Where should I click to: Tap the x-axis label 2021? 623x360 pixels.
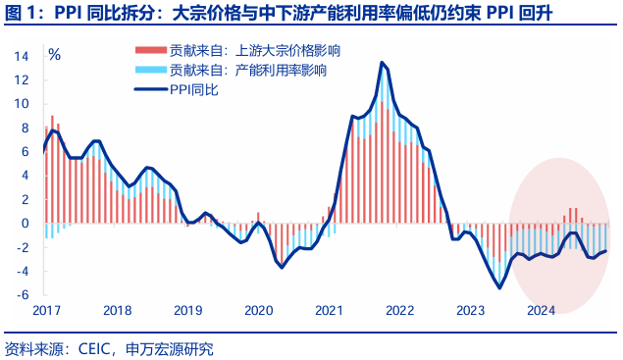pyautogui.click(x=329, y=310)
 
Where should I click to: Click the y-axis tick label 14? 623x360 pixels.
pyautogui.click(x=21, y=56)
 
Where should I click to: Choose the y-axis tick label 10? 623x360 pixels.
pyautogui.click(x=21, y=104)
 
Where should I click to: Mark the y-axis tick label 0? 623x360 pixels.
pyautogui.click(x=25, y=224)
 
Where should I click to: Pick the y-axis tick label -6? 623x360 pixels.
pyautogui.click(x=22, y=295)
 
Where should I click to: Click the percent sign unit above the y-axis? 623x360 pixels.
pyautogui.click(x=54, y=55)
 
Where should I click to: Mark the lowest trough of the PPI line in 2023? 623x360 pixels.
pyautogui.click(x=499, y=287)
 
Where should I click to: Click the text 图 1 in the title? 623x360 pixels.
pyautogui.click(x=20, y=14)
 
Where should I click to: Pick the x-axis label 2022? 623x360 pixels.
pyautogui.click(x=399, y=310)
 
